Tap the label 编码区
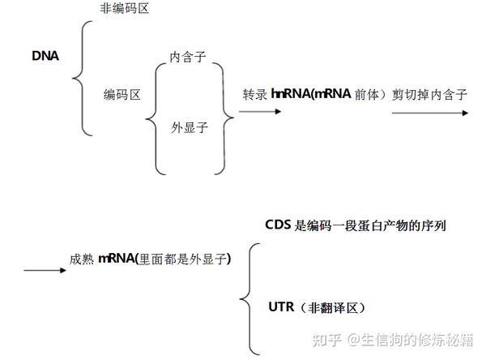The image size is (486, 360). coord(122,96)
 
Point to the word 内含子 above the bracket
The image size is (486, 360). coord(187,58)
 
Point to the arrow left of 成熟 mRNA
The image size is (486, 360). coord(44,269)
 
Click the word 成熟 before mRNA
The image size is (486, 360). coord(83,259)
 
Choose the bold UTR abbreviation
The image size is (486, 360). coord(280,307)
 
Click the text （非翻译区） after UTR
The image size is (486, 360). coord(331,307)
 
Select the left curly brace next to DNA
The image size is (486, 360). coord(80,77)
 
